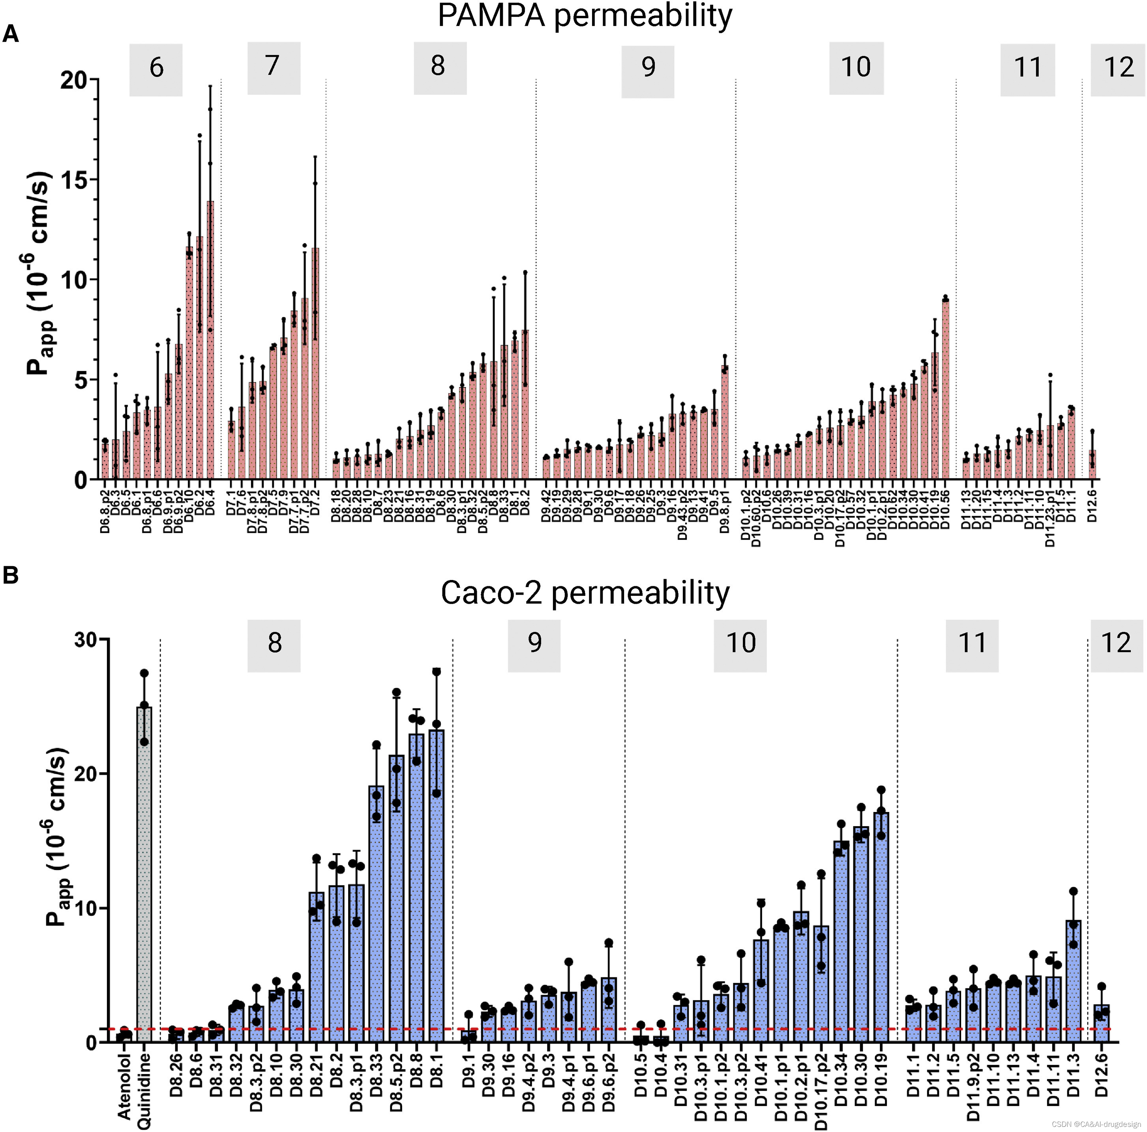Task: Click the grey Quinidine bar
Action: tap(144, 873)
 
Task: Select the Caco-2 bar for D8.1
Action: tap(437, 885)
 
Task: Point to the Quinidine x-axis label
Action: tap(144, 1091)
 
